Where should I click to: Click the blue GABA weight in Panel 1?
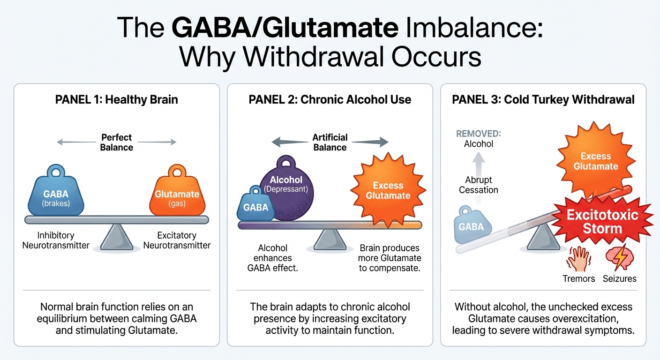pos(56,193)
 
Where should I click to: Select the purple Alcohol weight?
pos(286,187)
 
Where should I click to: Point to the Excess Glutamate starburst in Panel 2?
pos(388,190)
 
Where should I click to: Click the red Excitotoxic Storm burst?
pos(602,222)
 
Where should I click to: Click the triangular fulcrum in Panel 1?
pos(117,236)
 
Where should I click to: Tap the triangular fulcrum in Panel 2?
pos(330,240)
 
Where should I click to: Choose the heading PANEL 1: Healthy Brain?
pos(116,100)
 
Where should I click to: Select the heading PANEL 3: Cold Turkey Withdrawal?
pos(543,100)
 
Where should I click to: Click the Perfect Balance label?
pos(117,142)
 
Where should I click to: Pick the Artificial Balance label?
pos(330,142)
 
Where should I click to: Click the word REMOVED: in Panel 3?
pos(479,134)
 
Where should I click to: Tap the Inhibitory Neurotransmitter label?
pos(56,240)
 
